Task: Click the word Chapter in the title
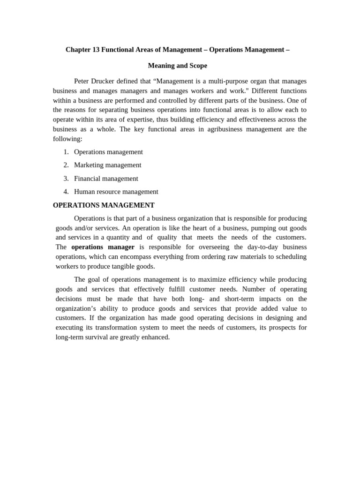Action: click(x=78, y=50)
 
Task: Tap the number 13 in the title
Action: click(x=96, y=50)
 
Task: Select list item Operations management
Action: click(x=108, y=152)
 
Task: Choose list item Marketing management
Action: click(x=107, y=165)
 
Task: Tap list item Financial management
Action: click(x=106, y=179)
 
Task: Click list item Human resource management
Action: click(x=116, y=192)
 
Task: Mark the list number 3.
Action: click(x=66, y=179)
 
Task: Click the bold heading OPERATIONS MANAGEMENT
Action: click(x=104, y=205)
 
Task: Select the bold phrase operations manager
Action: click(x=103, y=247)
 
